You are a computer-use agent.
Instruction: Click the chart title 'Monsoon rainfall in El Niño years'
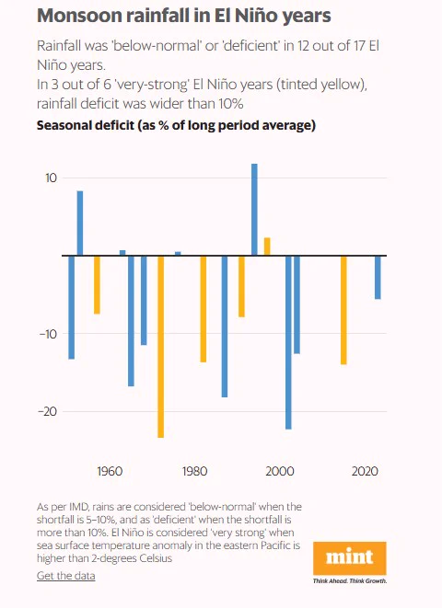click(184, 16)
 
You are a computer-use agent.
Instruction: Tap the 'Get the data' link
click(66, 576)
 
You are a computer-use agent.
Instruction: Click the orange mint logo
click(350, 558)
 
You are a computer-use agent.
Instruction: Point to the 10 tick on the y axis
click(51, 178)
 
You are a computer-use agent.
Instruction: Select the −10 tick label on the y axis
click(48, 334)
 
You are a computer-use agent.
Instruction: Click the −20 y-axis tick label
click(47, 411)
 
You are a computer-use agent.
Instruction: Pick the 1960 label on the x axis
click(110, 471)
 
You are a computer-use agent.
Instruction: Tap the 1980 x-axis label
click(195, 471)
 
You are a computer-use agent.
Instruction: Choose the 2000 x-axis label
click(280, 471)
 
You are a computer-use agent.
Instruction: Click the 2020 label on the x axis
click(365, 471)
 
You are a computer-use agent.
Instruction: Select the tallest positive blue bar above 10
click(254, 210)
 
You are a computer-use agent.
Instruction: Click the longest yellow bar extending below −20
click(160, 347)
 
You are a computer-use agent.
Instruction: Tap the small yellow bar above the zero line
click(267, 247)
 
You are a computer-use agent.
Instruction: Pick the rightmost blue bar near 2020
click(378, 277)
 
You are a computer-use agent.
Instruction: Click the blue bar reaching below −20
click(288, 342)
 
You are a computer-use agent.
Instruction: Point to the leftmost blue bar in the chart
click(72, 307)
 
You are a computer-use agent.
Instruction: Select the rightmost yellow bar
click(343, 310)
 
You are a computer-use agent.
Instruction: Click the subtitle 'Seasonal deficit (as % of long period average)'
click(176, 126)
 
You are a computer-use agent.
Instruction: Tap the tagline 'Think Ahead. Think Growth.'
click(350, 580)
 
